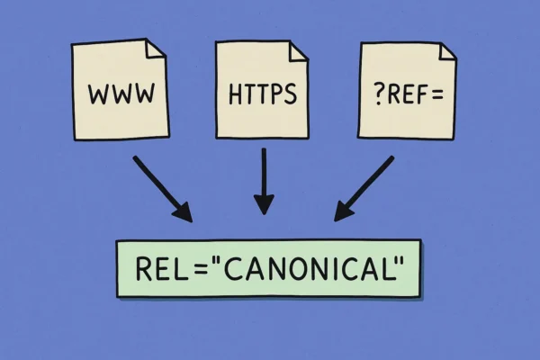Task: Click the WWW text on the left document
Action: click(x=119, y=92)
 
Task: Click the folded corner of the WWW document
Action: click(x=160, y=47)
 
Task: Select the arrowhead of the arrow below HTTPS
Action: click(x=263, y=207)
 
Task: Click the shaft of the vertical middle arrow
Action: click(x=263, y=175)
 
